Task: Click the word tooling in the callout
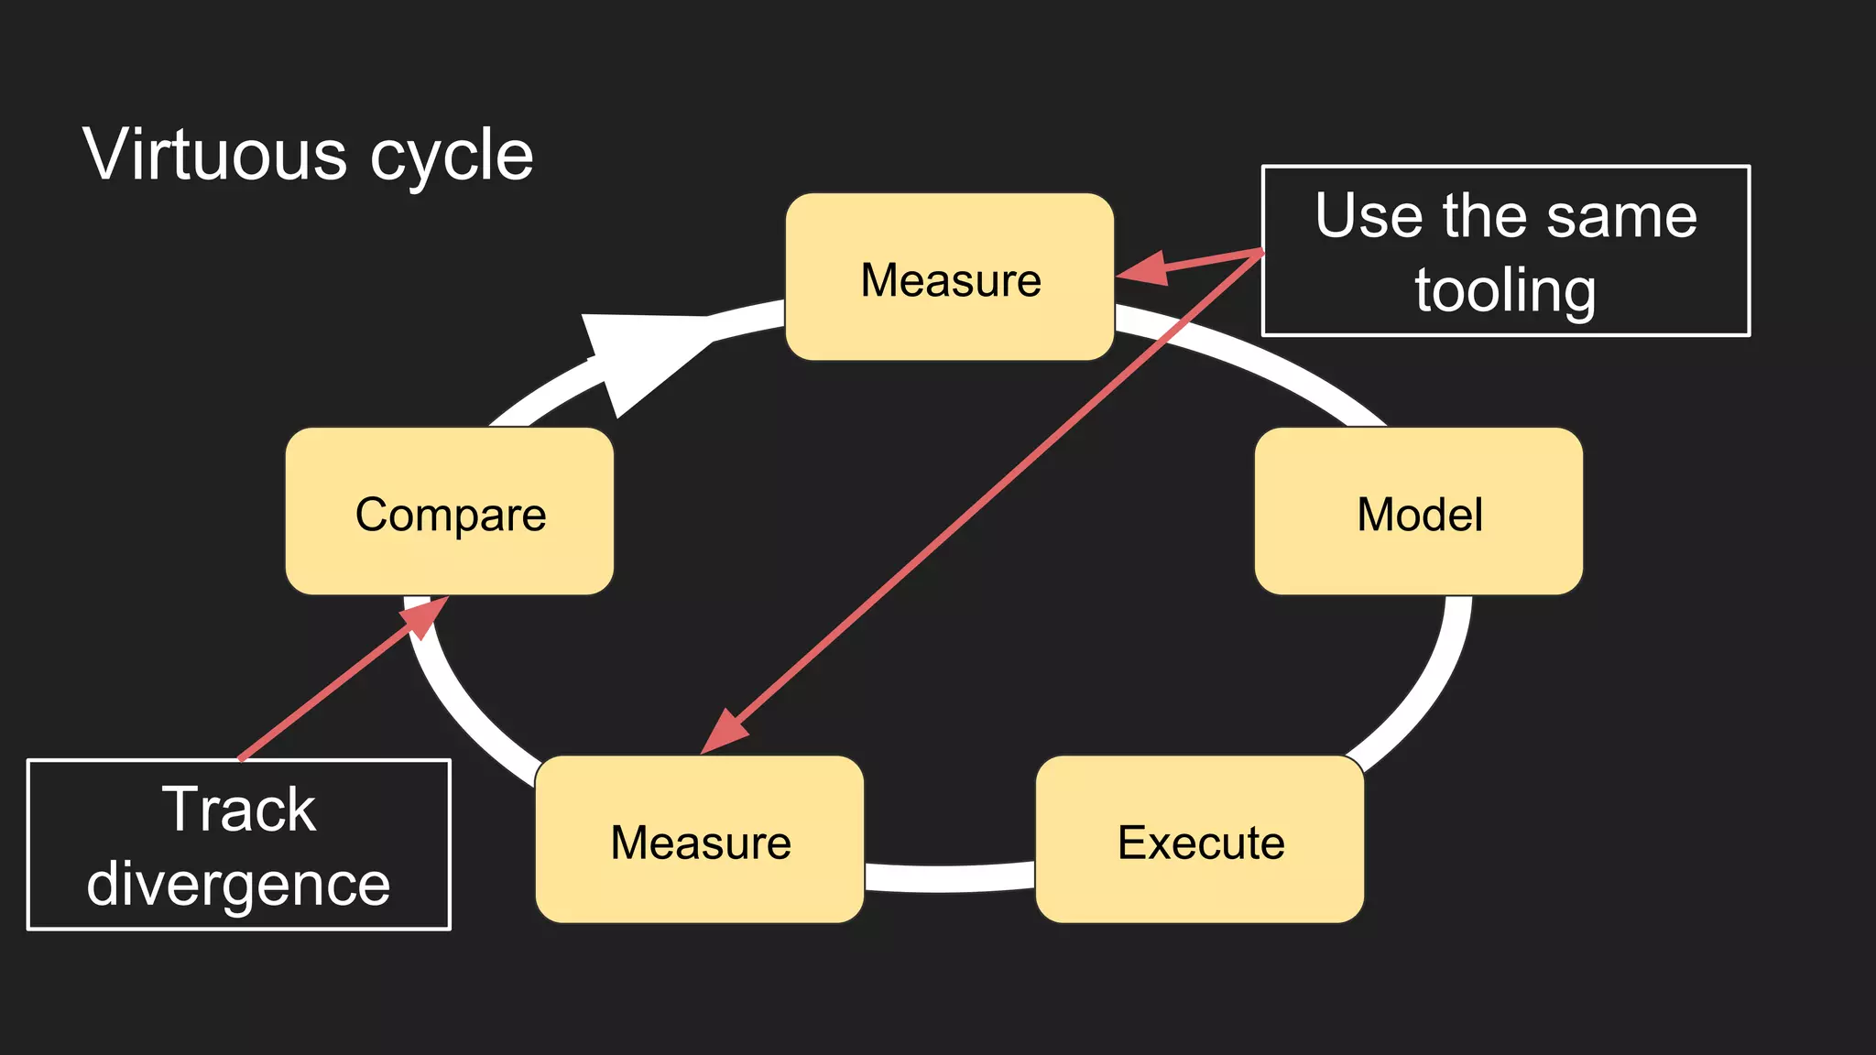click(x=1505, y=291)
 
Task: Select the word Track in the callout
click(x=239, y=810)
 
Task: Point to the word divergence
click(x=238, y=885)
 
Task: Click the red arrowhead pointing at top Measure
click(x=1143, y=269)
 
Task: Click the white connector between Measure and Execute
click(x=949, y=877)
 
